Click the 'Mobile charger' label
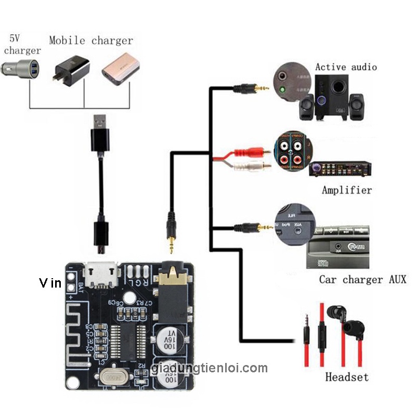coord(91,41)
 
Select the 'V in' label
coord(50,283)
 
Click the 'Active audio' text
coord(346,67)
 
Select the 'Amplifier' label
coord(347,190)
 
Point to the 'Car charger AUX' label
coord(362,280)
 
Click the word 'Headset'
coord(346,377)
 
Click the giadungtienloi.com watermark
coord(210,369)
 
